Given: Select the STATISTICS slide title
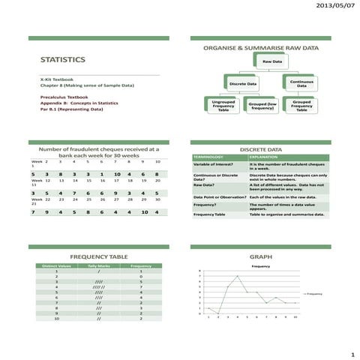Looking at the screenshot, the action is [62, 59].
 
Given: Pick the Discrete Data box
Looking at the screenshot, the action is [244, 83].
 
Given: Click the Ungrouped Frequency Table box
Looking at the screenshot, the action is [223, 106].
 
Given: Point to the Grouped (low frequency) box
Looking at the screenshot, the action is [262, 106].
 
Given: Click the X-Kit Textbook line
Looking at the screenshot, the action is [56, 79].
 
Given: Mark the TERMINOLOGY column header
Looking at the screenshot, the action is [210, 157].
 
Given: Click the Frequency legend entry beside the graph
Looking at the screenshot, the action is [313, 293].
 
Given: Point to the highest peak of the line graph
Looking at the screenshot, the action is [238, 276].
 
